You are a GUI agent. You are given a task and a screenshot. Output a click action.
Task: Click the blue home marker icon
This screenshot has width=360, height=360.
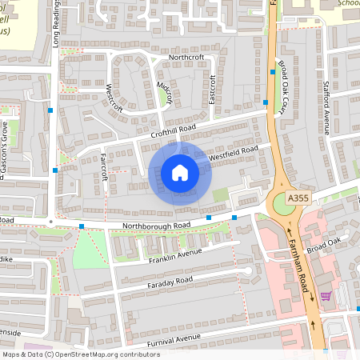tap(180, 173)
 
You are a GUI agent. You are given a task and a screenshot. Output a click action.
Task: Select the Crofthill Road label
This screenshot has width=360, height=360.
tap(173, 130)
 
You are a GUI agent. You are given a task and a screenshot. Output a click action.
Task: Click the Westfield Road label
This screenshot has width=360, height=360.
tap(233, 154)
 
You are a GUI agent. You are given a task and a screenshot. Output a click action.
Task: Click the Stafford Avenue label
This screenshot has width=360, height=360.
tap(327, 109)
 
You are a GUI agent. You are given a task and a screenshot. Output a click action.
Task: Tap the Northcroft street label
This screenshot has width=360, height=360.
tap(186, 58)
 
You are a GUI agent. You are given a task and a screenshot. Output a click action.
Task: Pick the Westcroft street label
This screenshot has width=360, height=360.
tap(114, 97)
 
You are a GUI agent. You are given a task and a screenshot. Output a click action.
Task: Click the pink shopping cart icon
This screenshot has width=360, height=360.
tap(326, 296)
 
